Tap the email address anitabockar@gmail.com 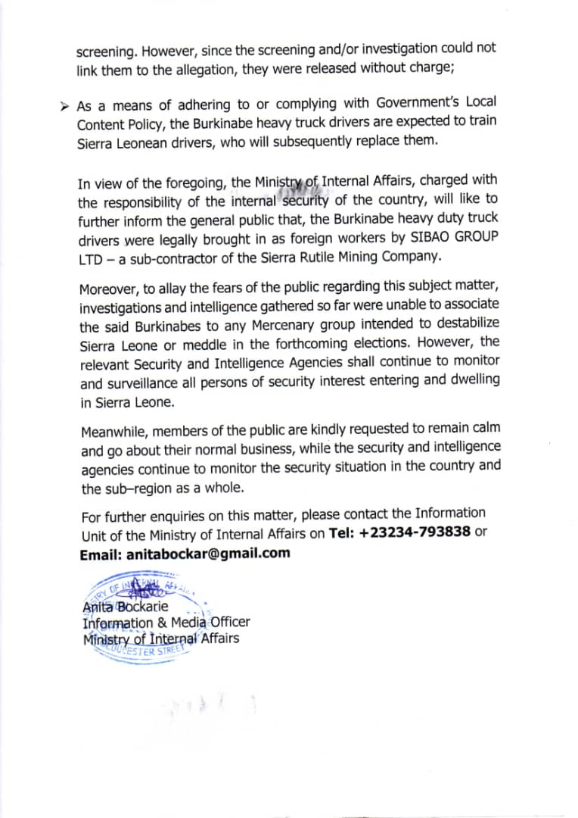point(209,553)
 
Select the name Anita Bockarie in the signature point(125,607)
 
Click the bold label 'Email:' point(101,553)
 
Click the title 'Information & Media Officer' point(166,623)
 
